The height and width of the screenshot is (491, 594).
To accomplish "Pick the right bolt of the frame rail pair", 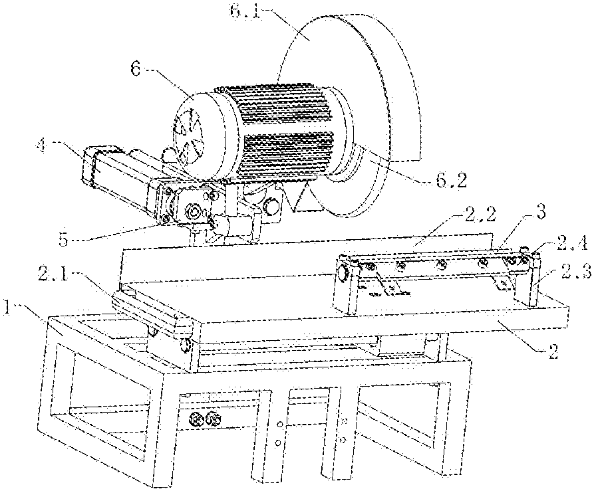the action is [214, 419].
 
